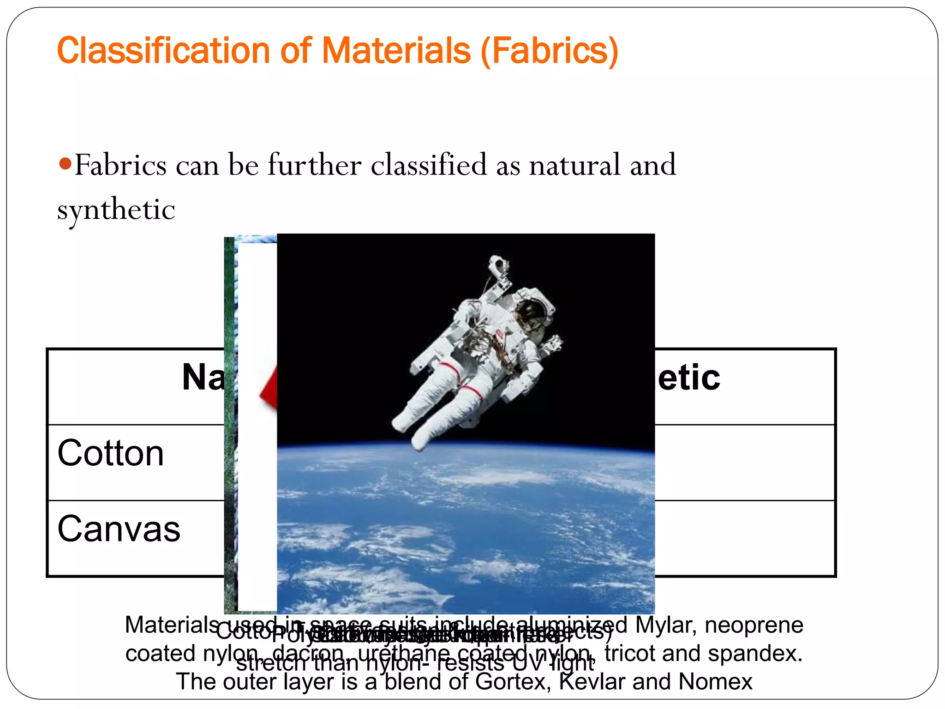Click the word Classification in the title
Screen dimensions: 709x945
tap(164, 51)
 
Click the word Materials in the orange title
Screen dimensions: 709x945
tap(396, 51)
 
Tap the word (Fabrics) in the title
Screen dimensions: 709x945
tap(549, 51)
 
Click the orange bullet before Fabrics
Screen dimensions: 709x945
tap(66, 163)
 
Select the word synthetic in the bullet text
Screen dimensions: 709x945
tap(116, 210)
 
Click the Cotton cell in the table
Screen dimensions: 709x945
tap(111, 453)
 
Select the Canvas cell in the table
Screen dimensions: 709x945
tap(119, 529)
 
